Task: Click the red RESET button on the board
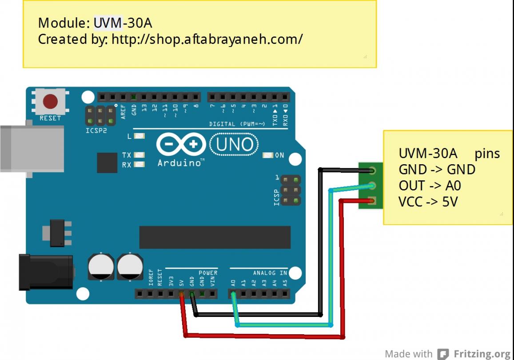tap(50, 102)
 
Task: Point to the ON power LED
tap(268, 155)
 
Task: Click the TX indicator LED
tap(139, 155)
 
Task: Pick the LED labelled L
tap(139, 136)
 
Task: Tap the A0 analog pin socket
tap(233, 294)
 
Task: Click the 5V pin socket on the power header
tap(181, 294)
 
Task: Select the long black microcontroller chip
tap(215, 237)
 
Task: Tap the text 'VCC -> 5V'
tap(428, 202)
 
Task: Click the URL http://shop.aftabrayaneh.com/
tap(207, 39)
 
